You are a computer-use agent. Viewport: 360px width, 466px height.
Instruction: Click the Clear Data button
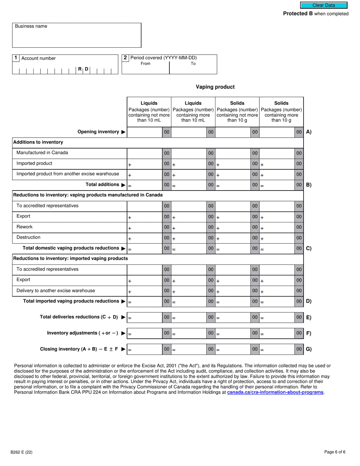(324, 5)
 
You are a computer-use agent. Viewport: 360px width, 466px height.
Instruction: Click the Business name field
(77, 37)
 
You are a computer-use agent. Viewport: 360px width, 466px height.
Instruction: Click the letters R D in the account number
(83, 69)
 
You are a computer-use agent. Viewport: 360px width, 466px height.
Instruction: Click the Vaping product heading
(215, 87)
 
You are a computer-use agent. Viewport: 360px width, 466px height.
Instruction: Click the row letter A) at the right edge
(308, 132)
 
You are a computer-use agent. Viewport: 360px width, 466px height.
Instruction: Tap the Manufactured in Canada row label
(42, 153)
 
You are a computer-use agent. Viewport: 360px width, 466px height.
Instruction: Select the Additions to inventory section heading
(38, 142)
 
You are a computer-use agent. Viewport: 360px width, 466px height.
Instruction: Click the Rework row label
(25, 227)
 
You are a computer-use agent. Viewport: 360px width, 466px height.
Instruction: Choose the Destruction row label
(28, 238)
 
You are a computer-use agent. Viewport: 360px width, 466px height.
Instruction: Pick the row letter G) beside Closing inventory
(308, 349)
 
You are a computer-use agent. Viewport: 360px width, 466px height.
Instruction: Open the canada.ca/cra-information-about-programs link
(275, 393)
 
